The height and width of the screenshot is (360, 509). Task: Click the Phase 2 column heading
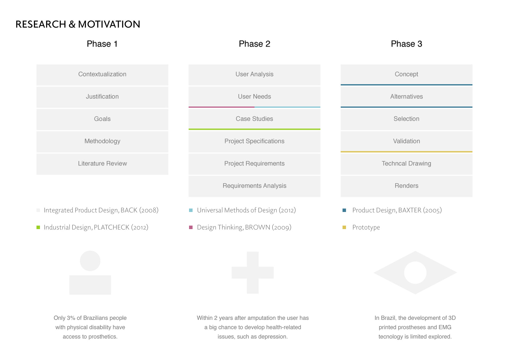pos(254,44)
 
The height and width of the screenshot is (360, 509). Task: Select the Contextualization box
pos(102,75)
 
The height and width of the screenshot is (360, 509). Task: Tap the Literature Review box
pos(102,164)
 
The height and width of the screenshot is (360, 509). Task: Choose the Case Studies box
pos(254,119)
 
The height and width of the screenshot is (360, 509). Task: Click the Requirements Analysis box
pos(254,186)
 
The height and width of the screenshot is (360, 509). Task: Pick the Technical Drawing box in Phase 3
pos(406,164)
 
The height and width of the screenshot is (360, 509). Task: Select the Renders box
pos(406,186)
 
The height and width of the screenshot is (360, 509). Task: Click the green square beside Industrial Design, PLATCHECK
pos(38,227)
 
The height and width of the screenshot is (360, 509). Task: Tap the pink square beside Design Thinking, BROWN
pos(191,227)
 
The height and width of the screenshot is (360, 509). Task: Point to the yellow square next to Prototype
pos(344,227)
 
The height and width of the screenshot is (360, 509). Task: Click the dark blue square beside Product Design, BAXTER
pos(344,210)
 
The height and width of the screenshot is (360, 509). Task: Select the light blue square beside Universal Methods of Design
pos(191,210)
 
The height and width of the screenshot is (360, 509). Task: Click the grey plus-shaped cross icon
pos(253,273)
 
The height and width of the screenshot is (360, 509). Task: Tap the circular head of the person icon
pos(90,261)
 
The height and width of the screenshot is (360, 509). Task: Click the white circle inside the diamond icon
pos(415,273)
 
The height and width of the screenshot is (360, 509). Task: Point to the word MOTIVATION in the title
pos(109,24)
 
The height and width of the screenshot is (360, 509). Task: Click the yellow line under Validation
pos(406,152)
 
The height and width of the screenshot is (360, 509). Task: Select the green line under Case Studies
pos(254,129)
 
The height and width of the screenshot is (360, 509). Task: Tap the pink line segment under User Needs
pos(221,107)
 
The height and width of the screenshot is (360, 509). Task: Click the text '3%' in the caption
pos(71,318)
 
